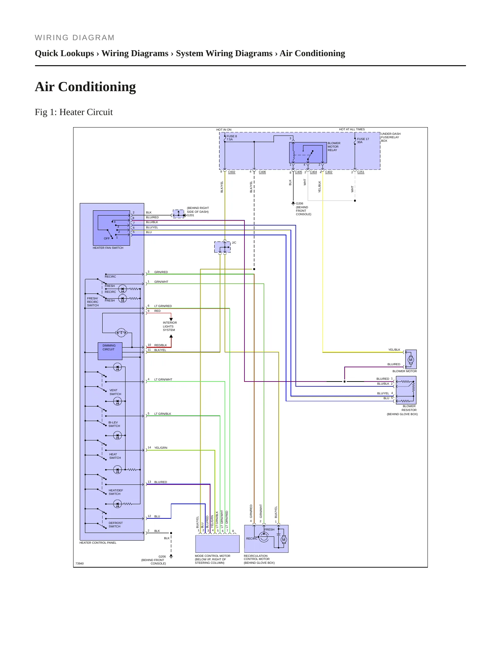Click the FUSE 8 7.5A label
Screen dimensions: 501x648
coord(232,138)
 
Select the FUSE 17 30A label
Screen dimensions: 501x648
coord(363,141)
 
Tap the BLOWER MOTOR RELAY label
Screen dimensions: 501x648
coord(334,147)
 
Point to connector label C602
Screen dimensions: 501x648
coord(232,172)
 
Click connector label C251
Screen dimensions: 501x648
coord(361,172)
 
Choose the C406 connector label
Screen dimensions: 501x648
coord(262,172)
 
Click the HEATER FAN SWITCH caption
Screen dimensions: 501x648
coord(108,248)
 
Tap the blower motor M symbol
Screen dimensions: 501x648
coord(411,360)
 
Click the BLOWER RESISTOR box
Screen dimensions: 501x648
coord(406,390)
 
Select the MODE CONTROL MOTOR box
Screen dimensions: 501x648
coord(217,544)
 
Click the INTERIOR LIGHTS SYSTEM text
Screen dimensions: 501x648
coord(170,326)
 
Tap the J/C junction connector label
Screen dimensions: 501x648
coord(234,243)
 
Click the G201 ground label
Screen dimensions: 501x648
coord(191,216)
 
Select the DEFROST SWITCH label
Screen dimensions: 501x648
coord(115,525)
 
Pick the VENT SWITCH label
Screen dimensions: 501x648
coord(115,392)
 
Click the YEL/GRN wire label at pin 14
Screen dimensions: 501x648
coord(161,448)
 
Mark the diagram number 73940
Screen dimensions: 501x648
coord(79,564)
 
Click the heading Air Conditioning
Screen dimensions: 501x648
coord(85,87)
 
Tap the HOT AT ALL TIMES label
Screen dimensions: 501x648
coord(352,130)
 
